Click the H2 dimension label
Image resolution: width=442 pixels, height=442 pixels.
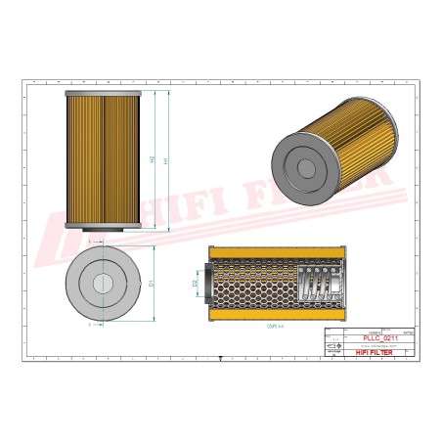click(x=154, y=159)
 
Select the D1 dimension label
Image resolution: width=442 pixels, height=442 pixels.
click(x=151, y=284)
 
